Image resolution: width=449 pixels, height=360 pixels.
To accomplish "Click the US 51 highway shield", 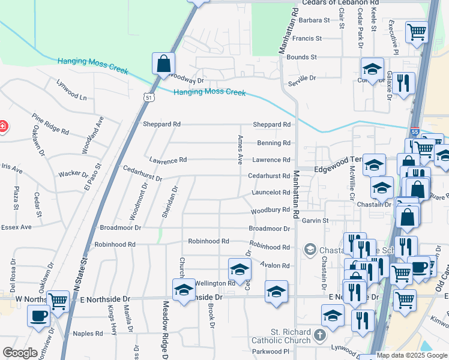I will click(148, 96).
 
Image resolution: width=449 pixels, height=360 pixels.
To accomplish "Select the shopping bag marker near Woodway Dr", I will click(163, 64).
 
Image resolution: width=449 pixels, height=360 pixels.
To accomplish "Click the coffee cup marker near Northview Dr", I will click(39, 316).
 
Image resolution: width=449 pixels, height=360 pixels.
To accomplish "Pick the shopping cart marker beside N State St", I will click(58, 302).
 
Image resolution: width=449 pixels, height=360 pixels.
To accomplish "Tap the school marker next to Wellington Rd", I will click(240, 269).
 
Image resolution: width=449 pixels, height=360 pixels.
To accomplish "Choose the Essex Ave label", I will click(16, 227).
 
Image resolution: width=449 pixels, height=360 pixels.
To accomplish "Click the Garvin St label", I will click(315, 221).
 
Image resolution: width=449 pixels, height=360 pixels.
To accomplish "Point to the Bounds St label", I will click(301, 57).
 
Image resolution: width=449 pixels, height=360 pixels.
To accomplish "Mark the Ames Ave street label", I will click(240, 150).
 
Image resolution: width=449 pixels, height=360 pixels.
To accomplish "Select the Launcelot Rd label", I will click(271, 193).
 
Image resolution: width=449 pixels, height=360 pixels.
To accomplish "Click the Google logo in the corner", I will click(20, 353).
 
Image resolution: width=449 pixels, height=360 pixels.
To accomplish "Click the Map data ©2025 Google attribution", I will click(412, 356).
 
